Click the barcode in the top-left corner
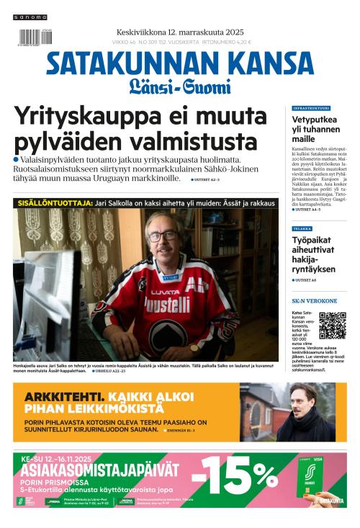coord(30,38)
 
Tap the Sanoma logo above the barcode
coord(30,17)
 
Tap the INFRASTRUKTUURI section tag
coord(312,108)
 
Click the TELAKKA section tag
coord(302,228)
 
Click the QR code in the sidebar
coord(332,326)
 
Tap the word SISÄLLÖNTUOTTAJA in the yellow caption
coord(55,204)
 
